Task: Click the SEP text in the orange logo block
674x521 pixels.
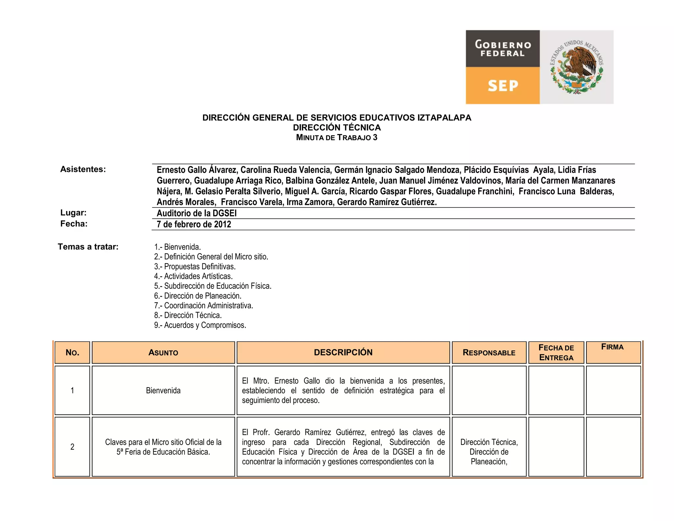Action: (x=503, y=86)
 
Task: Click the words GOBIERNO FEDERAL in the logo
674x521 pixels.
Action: (x=503, y=48)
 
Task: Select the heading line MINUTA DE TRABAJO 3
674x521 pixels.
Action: (x=337, y=138)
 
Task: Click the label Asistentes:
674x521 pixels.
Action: (x=83, y=169)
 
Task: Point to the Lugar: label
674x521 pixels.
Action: (x=73, y=213)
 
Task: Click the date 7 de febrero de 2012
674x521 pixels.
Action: (x=194, y=224)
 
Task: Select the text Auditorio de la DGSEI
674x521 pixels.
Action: (x=196, y=213)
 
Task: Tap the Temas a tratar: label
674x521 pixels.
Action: (x=88, y=247)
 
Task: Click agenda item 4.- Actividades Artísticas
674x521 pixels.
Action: (x=193, y=276)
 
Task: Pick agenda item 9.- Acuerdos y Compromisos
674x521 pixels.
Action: (x=200, y=325)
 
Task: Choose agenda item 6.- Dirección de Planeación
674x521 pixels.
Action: (x=197, y=296)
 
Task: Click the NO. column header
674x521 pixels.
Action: (x=72, y=352)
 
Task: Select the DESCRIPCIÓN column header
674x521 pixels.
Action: (x=343, y=352)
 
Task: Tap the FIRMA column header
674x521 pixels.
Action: (x=612, y=347)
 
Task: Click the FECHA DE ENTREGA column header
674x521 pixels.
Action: (x=556, y=352)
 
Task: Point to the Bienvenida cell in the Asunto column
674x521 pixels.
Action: (x=163, y=391)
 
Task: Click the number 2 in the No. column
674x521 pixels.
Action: (x=72, y=447)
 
